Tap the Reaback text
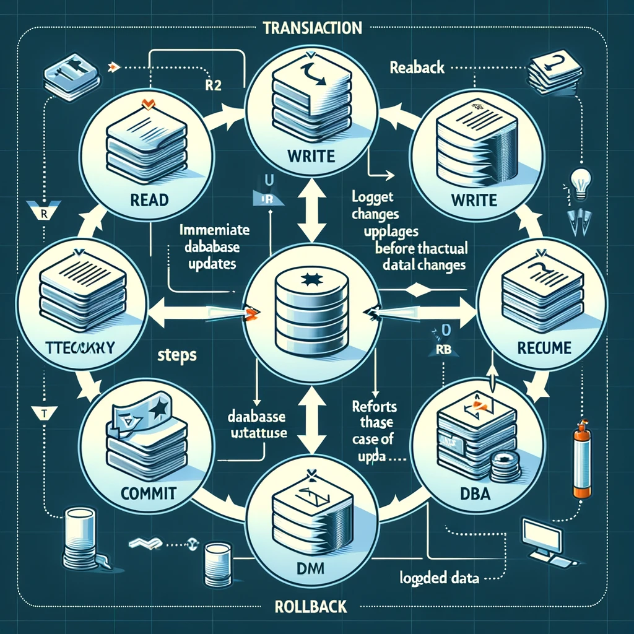417,67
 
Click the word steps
177,356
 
